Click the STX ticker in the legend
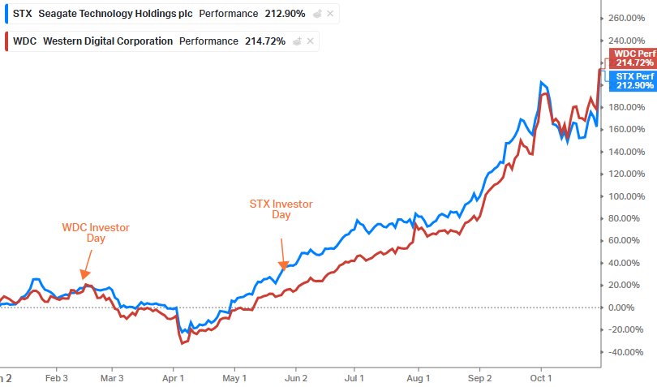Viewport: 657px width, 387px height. [x=23, y=14]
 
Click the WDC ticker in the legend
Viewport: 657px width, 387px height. [x=24, y=41]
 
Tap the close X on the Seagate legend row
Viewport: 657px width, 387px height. [x=330, y=14]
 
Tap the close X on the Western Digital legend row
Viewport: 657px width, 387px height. [x=310, y=41]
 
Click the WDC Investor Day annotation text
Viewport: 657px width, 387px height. [x=96, y=233]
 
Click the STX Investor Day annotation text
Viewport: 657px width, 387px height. [x=281, y=209]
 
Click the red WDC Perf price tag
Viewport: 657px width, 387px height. [x=635, y=58]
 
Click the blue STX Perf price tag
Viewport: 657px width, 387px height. [x=635, y=80]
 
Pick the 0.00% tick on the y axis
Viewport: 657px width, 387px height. [x=621, y=307]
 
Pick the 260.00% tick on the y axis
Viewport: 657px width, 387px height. [x=625, y=18]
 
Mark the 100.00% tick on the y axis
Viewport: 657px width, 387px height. [x=625, y=196]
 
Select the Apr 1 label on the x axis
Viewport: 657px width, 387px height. [x=173, y=378]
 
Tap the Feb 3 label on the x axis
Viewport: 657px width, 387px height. [x=56, y=378]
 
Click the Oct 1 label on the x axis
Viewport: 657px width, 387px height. [x=540, y=378]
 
